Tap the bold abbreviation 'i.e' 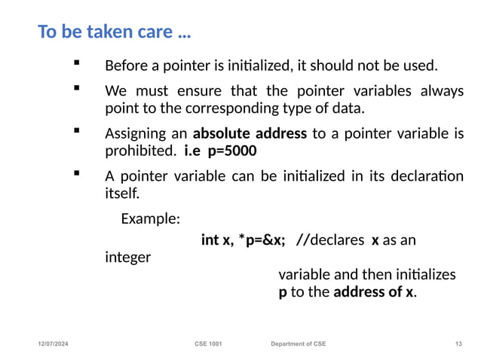[x=193, y=151]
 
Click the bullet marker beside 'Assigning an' [x=76, y=131]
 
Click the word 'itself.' [x=121, y=194]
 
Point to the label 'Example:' [x=150, y=219]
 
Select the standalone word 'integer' [x=127, y=257]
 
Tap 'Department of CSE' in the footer [x=299, y=344]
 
